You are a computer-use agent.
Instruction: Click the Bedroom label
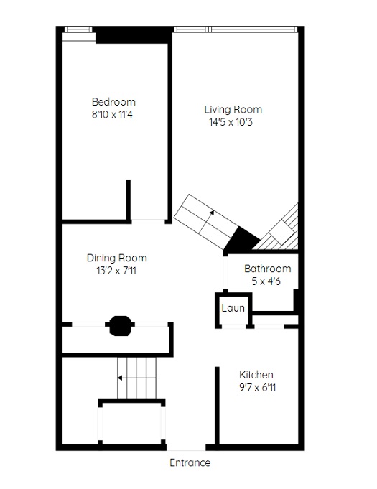[113, 102]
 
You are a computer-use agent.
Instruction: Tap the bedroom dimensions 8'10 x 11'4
[112, 114]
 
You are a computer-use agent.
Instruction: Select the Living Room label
[233, 109]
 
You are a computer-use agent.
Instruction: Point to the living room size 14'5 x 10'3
[231, 122]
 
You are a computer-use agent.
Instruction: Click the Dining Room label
[116, 258]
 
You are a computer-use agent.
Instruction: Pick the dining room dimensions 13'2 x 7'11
[116, 271]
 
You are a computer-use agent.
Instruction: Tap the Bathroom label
[268, 269]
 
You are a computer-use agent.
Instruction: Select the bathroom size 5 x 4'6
[266, 281]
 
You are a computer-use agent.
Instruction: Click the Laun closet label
[233, 308]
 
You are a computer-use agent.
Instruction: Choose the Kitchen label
[256, 375]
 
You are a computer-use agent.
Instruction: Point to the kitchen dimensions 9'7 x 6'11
[257, 387]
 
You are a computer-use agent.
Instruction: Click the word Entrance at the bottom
[190, 462]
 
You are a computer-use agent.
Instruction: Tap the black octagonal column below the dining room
[120, 325]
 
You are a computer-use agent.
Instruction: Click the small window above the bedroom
[78, 29]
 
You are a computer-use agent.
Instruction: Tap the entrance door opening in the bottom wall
[186, 447]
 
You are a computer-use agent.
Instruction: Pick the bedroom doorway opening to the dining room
[148, 221]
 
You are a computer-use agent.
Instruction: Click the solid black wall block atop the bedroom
[133, 34]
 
